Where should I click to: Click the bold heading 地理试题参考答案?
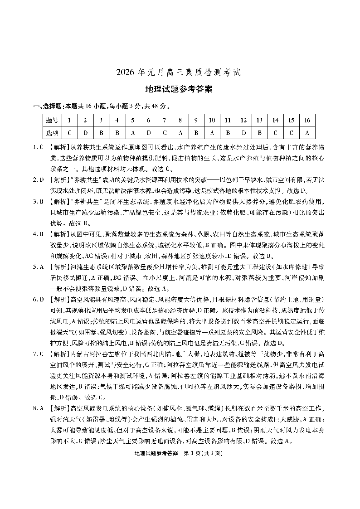tap(180, 89)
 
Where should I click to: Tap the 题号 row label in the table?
tap(52, 120)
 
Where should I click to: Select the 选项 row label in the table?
tap(52, 133)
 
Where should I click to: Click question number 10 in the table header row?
tap(212, 120)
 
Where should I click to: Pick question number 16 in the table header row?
tap(307, 120)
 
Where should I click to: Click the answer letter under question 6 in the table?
tap(149, 133)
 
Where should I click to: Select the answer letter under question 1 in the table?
tap(69, 133)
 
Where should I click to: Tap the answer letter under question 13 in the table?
tap(259, 133)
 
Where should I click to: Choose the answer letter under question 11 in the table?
tap(228, 133)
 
